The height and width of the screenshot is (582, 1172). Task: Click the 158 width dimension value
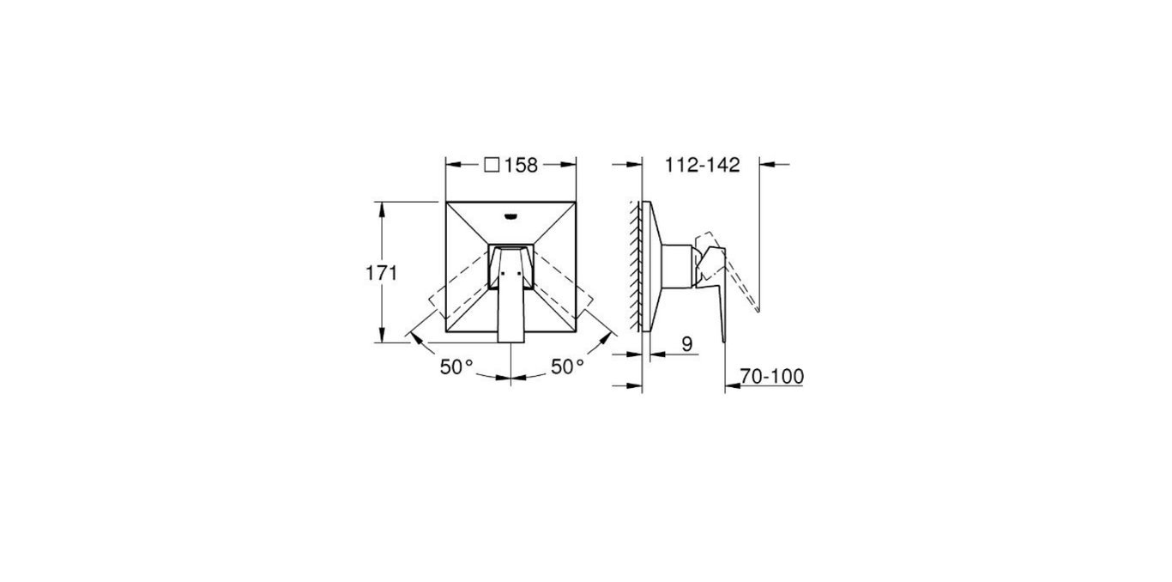(521, 165)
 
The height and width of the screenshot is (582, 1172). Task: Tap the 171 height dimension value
(383, 273)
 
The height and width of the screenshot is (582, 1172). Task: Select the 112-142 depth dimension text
(702, 165)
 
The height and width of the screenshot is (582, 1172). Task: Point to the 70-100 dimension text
(772, 376)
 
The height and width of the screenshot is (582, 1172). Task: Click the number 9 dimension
(686, 343)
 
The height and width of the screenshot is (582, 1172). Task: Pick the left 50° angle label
(457, 367)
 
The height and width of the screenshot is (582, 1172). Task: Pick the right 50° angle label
(567, 367)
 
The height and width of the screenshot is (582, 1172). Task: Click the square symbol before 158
(492, 165)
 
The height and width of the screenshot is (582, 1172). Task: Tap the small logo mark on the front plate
(510, 215)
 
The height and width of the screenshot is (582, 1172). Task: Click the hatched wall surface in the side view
(637, 266)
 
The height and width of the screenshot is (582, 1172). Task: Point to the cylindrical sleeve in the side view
(677, 266)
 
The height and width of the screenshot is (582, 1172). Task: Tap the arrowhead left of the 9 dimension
(636, 354)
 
